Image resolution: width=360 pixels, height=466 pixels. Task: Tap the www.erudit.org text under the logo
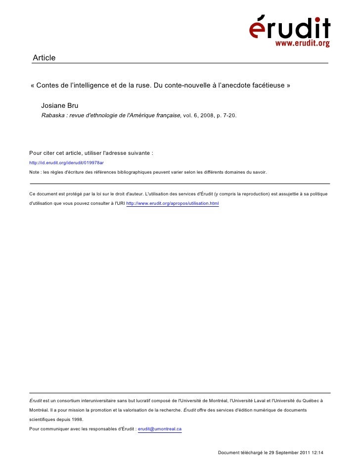pyautogui.click(x=302, y=44)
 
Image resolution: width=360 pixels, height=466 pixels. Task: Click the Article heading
pyautogui.click(x=44, y=58)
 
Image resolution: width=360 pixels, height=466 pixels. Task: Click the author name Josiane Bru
pyautogui.click(x=60, y=106)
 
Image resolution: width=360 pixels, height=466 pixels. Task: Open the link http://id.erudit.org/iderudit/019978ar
pyautogui.click(x=66, y=162)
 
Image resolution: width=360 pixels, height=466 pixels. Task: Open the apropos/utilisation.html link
pyautogui.click(x=173, y=203)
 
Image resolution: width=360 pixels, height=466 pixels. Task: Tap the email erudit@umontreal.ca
pyautogui.click(x=160, y=429)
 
